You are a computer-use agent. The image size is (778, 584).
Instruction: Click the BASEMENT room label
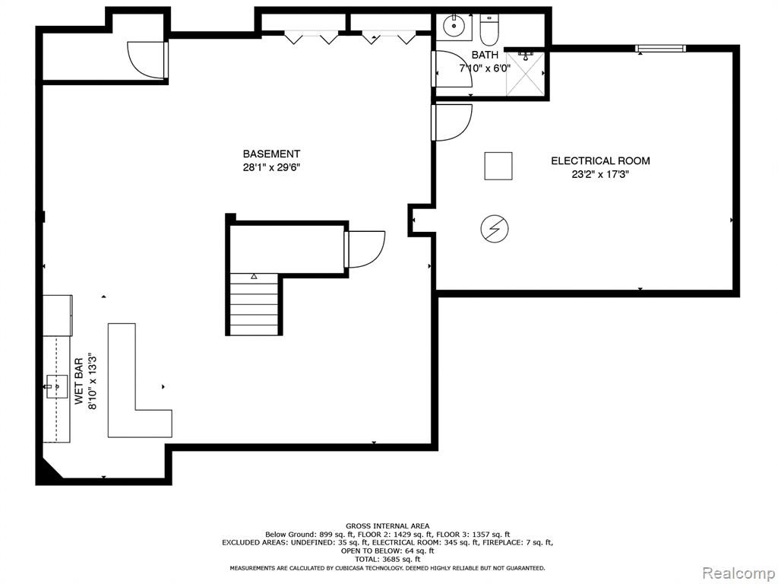tap(271, 154)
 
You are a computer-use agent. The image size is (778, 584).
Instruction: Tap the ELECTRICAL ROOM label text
tap(600, 161)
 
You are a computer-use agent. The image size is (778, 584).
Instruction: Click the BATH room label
tap(485, 55)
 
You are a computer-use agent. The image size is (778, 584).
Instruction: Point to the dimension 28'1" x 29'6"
tap(271, 168)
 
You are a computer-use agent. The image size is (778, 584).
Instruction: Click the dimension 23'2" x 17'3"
tap(600, 174)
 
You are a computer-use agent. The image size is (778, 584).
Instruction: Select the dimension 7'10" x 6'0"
tap(485, 68)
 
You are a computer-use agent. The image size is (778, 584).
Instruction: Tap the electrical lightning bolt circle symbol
tap(494, 229)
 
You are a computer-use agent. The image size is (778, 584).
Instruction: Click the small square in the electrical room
tap(498, 166)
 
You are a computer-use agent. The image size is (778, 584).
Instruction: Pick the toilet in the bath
tap(489, 27)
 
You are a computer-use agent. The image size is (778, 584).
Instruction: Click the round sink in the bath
tap(454, 27)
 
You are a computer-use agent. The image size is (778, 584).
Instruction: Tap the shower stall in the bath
tap(525, 73)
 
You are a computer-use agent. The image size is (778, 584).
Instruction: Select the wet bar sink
tap(56, 386)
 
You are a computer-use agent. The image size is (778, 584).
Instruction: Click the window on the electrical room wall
tap(660, 48)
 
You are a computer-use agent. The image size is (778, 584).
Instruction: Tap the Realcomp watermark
tap(738, 573)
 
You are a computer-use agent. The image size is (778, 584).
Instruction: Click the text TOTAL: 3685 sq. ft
tap(387, 559)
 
